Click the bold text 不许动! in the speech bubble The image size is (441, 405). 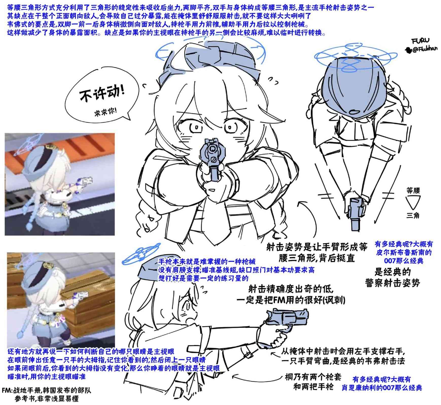(102, 94)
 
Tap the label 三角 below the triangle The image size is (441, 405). (413, 216)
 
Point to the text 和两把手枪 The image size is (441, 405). (314, 387)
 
